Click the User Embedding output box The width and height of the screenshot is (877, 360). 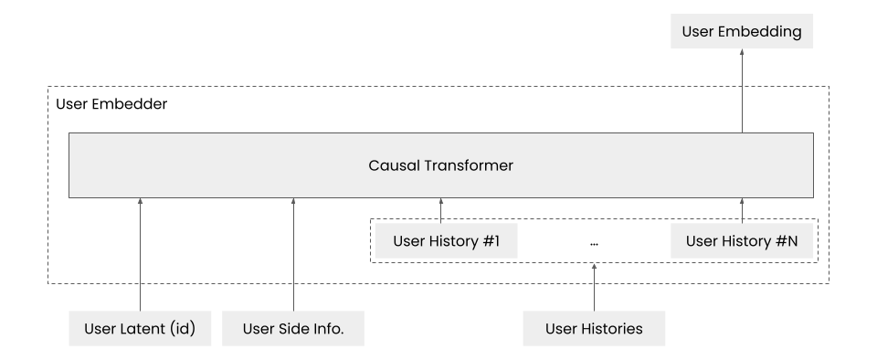point(741,32)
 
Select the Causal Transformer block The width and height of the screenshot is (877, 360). point(440,165)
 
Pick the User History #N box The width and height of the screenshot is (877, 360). point(741,242)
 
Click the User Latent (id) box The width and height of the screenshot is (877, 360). point(141,328)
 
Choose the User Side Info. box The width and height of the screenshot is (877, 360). point(293,328)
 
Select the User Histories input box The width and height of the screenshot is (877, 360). point(594,328)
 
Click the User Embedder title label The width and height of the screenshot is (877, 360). point(111,104)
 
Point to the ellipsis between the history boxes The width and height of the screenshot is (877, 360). point(594,244)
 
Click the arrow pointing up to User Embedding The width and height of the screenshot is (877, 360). point(742,91)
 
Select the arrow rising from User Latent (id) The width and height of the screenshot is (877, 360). point(141,256)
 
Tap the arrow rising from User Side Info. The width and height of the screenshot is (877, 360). point(293,256)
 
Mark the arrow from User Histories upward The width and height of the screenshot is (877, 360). point(594,287)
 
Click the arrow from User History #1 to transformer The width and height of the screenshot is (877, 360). point(441,211)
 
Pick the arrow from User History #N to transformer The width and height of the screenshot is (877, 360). point(742,211)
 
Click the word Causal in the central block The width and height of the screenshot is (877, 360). point(392,165)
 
